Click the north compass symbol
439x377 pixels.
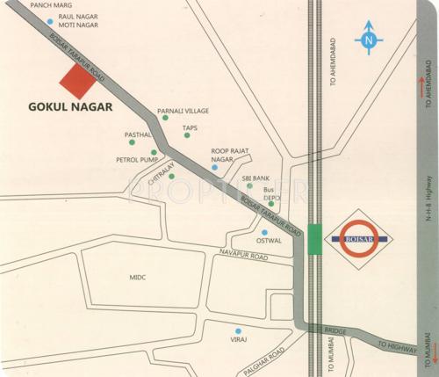[x=369, y=40]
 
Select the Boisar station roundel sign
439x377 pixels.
[x=358, y=236]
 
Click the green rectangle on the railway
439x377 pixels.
[x=315, y=237]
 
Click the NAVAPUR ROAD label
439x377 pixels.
[x=243, y=255]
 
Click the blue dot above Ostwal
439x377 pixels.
[x=263, y=232]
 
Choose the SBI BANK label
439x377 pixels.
[x=255, y=178]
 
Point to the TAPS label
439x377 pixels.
[x=190, y=128]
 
